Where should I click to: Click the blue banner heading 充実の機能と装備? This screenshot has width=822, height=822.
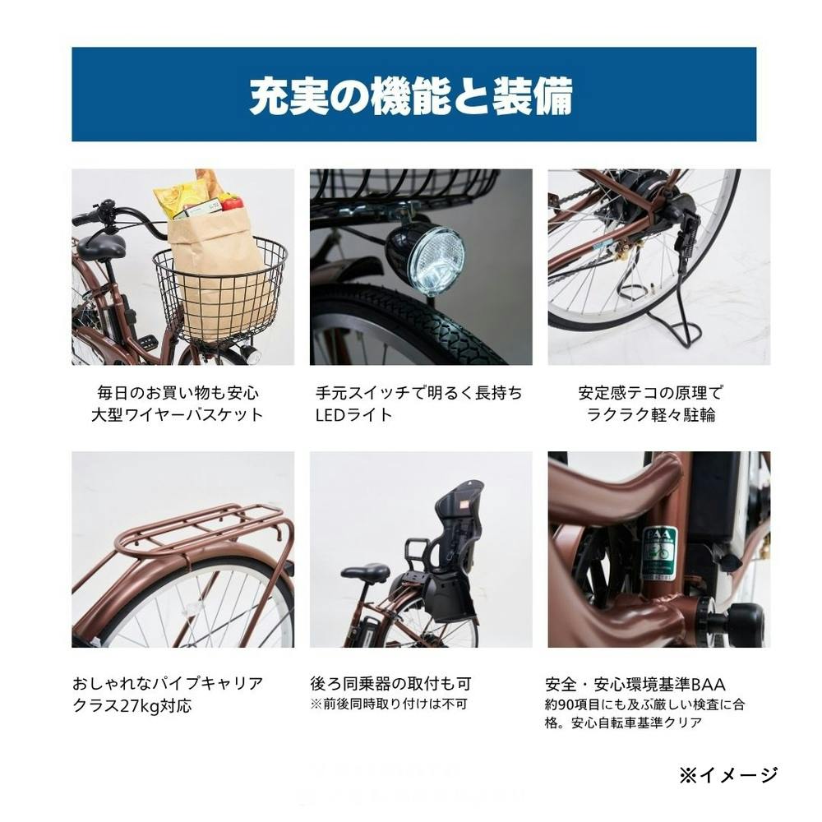click(x=411, y=96)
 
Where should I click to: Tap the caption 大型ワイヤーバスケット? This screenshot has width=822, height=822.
click(x=178, y=414)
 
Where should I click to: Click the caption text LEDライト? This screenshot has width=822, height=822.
click(x=353, y=414)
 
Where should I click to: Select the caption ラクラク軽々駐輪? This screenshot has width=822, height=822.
click(x=650, y=414)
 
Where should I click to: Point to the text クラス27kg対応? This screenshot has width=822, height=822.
click(x=132, y=705)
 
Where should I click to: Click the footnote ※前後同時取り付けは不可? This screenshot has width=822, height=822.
click(x=389, y=704)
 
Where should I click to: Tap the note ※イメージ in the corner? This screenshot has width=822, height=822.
click(x=728, y=774)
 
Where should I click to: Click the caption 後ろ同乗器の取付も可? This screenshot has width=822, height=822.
click(x=390, y=684)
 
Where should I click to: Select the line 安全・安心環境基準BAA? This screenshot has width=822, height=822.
click(x=635, y=684)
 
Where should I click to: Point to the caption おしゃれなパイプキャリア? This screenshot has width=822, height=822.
click(x=168, y=683)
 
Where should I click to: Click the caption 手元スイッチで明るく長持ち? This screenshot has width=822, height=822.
click(x=419, y=393)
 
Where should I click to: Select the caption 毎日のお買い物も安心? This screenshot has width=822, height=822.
click(x=178, y=393)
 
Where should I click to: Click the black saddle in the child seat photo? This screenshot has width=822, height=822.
click(x=366, y=571)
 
